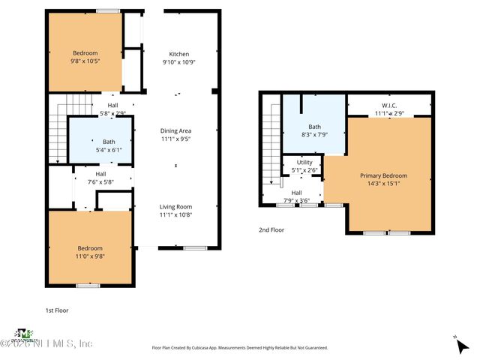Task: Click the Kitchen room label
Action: [178, 54]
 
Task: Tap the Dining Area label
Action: [175, 130]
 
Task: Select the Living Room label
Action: [175, 206]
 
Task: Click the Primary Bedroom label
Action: [388, 175]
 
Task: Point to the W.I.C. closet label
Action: [389, 106]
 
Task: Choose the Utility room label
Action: [304, 162]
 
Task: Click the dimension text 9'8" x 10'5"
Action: [85, 61]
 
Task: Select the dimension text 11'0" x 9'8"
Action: [89, 256]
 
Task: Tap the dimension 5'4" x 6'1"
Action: [109, 149]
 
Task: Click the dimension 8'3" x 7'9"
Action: [314, 134]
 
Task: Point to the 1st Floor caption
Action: [58, 309]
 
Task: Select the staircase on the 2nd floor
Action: [271, 146]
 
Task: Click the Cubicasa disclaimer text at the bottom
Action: [239, 348]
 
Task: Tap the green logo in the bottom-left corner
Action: [25, 333]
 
